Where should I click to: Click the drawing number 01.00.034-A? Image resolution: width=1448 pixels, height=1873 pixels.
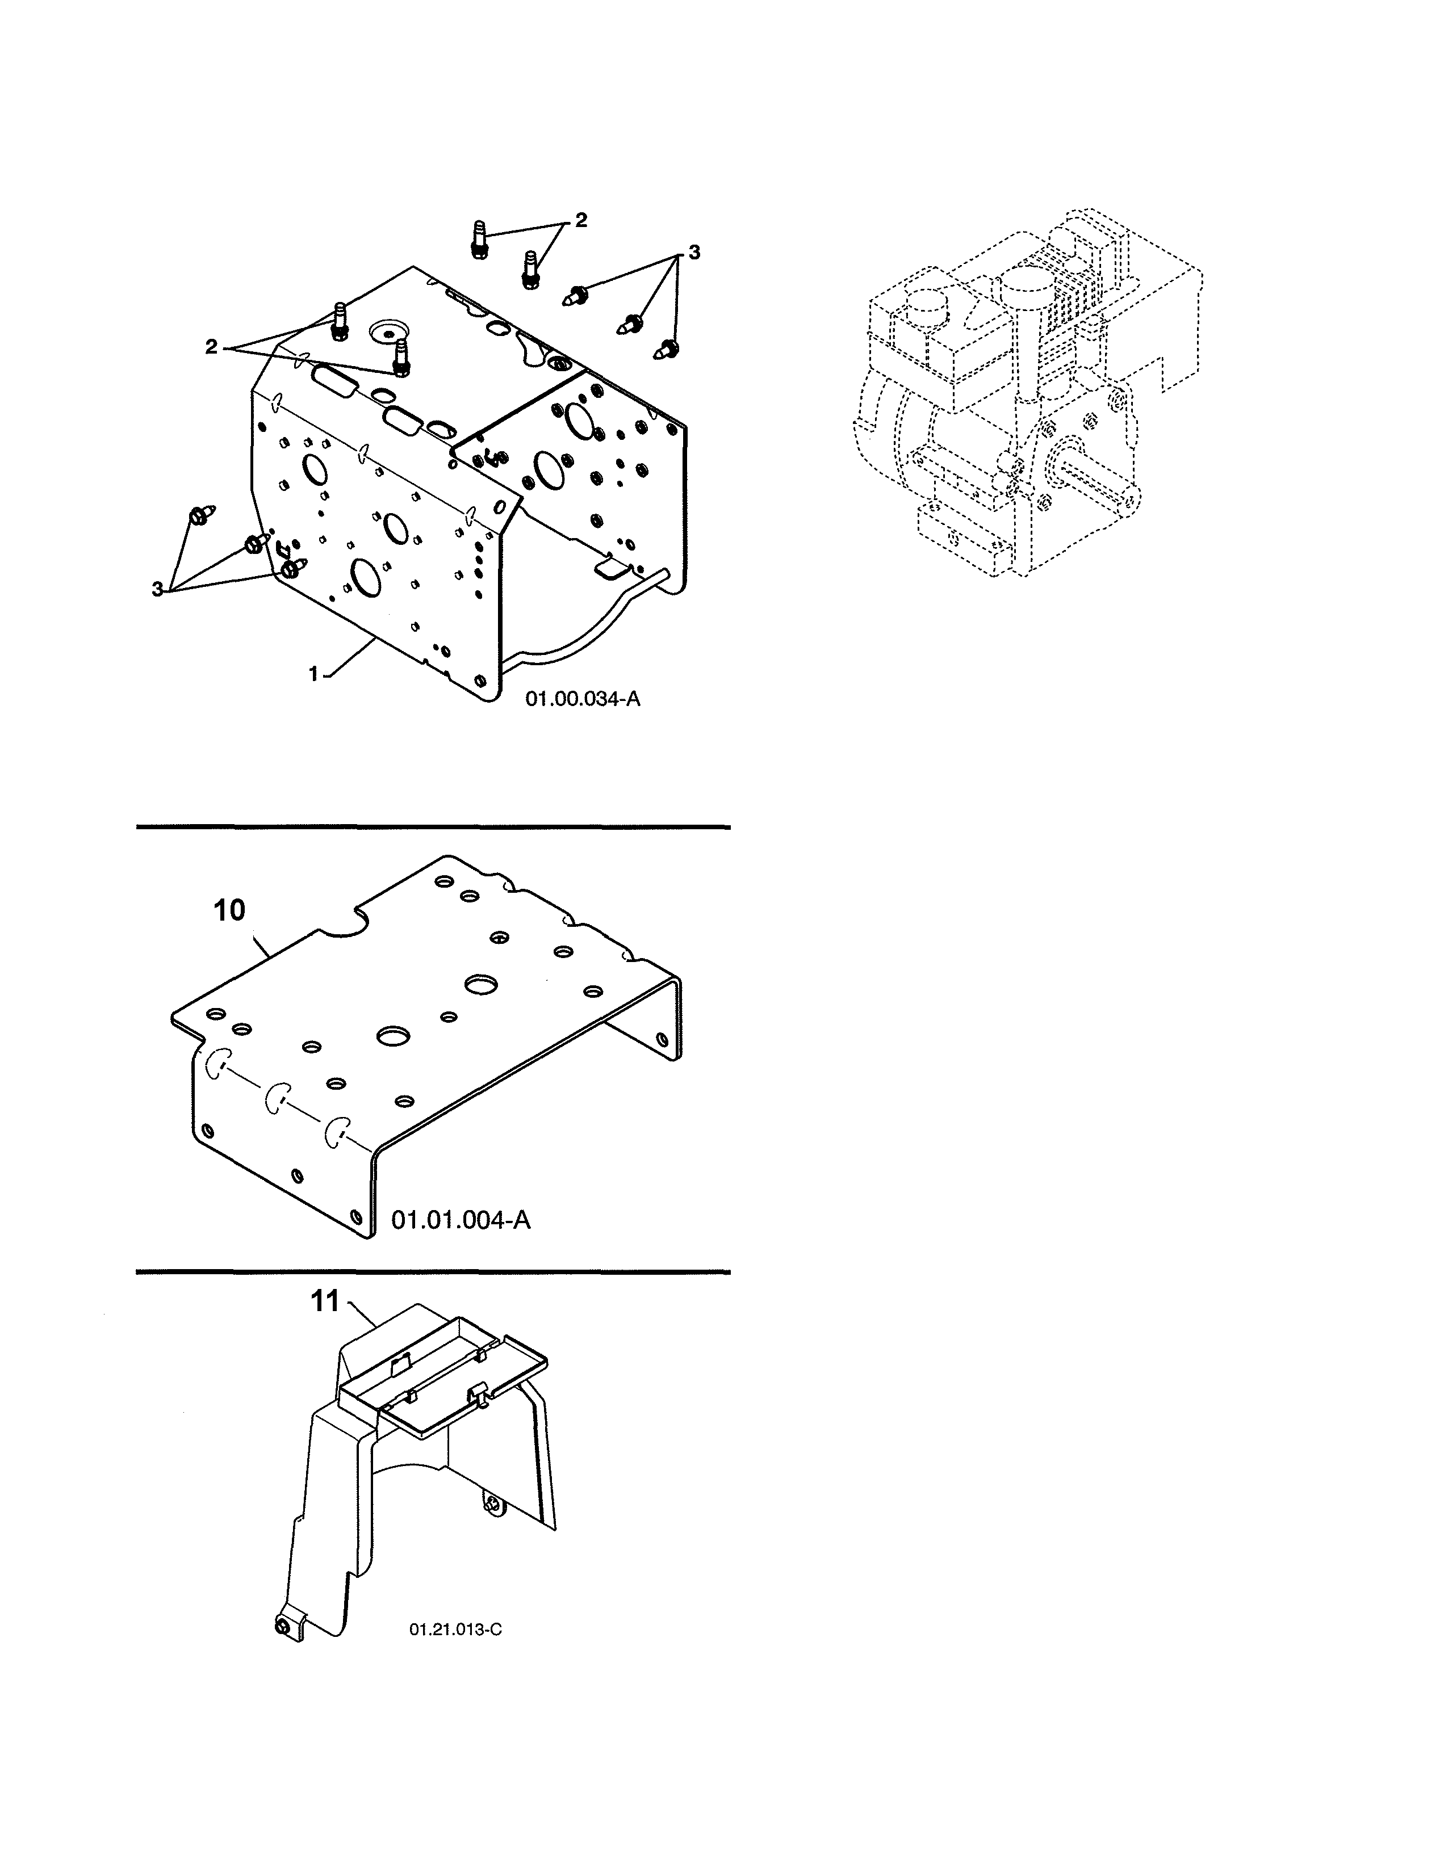pos(583,699)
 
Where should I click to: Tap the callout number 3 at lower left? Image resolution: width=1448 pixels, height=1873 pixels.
pos(157,589)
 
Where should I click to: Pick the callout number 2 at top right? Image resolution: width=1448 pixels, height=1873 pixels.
pos(581,220)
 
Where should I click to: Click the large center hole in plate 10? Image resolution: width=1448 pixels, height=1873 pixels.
pos(393,1035)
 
